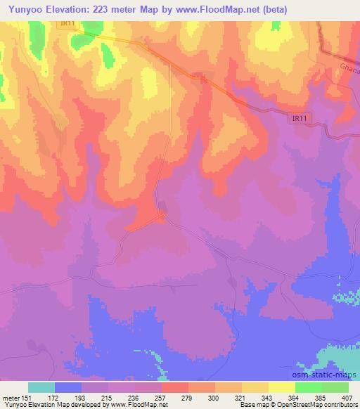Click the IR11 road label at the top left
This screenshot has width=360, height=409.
pos(67,23)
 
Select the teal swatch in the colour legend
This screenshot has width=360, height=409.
pos(41,387)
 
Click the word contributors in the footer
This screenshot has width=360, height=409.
pos(341,405)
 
